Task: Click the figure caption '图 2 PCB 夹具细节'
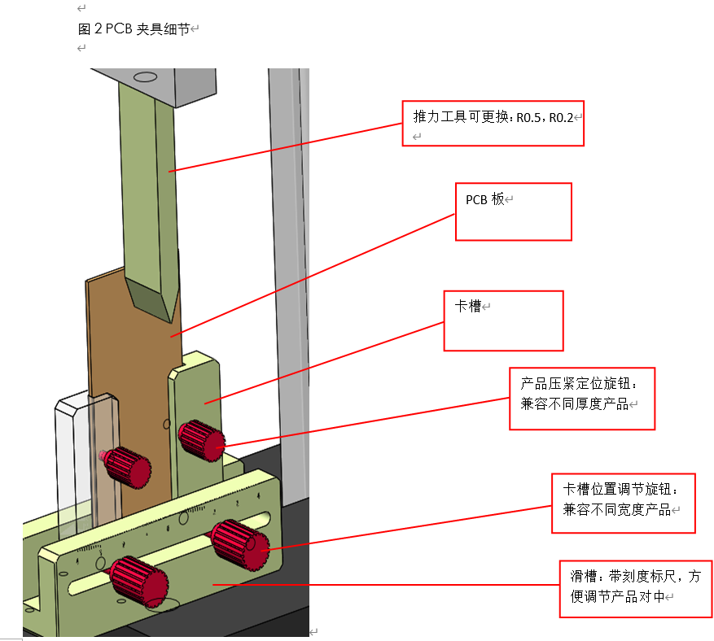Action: [134, 29]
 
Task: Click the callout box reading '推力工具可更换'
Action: [493, 123]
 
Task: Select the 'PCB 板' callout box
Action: [513, 211]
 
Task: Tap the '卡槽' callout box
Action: [502, 320]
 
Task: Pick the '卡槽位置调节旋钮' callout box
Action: [623, 503]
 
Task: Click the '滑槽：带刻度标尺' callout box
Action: [634, 588]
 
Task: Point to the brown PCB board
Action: [130, 366]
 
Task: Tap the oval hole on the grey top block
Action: [145, 77]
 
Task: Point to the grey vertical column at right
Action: [288, 244]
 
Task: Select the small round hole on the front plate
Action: [100, 563]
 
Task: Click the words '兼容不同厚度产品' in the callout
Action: [574, 403]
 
